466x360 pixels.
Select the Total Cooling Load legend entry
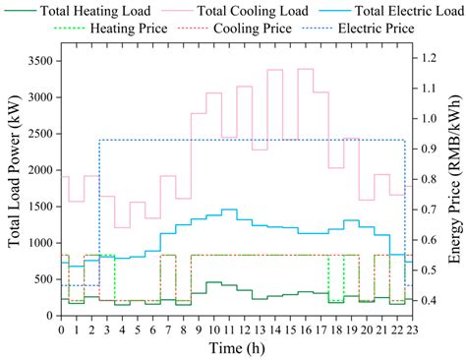pyautogui.click(x=237, y=11)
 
